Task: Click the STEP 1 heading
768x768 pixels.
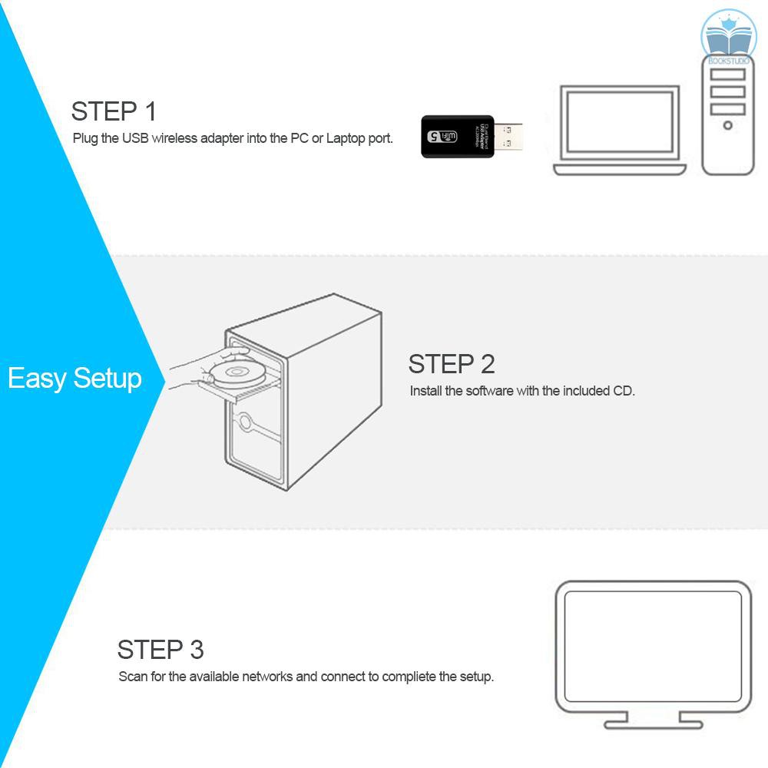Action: point(114,111)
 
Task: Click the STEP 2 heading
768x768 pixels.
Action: point(452,363)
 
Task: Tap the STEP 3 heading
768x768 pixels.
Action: point(161,650)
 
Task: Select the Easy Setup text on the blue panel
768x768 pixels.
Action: point(74,379)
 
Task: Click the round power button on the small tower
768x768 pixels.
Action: point(727,125)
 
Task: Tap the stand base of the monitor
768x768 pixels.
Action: point(653,723)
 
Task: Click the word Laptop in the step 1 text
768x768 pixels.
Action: point(346,139)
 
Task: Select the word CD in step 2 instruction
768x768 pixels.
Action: point(623,391)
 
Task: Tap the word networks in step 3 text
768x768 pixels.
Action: point(267,677)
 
